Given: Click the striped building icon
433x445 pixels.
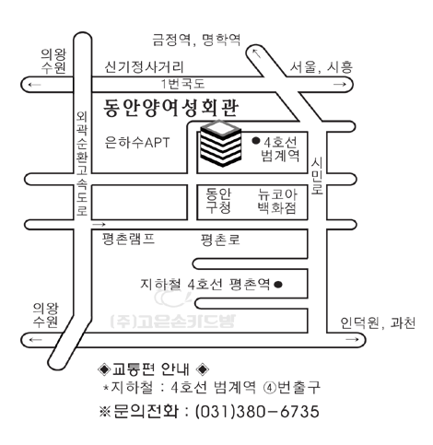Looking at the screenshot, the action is [x=220, y=144].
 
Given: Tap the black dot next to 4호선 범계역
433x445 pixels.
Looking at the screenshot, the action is [x=256, y=141].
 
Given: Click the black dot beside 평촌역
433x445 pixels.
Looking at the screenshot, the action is [x=278, y=285].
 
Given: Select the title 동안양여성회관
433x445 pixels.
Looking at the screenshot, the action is [x=170, y=108].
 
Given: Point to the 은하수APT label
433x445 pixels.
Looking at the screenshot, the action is [x=137, y=143].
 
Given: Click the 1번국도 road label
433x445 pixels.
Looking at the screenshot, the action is [x=183, y=84].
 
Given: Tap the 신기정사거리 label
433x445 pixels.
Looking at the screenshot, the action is [x=144, y=67].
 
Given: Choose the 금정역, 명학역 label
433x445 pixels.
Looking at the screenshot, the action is [x=196, y=40].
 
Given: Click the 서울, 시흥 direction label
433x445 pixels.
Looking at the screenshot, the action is [x=322, y=67].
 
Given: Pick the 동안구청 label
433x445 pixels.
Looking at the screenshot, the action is [x=218, y=201].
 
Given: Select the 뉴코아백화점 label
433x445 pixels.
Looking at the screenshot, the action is [x=277, y=201].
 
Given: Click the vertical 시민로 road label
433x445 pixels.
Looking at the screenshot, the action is [x=317, y=176].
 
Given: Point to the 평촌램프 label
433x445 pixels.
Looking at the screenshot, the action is [x=128, y=239].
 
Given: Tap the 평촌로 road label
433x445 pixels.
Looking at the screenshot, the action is [x=220, y=240].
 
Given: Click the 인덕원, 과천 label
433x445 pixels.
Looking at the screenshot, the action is [x=378, y=323].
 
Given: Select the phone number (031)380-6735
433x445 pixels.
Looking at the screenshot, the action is [x=257, y=412].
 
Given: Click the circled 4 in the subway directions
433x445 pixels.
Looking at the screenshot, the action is [x=270, y=388].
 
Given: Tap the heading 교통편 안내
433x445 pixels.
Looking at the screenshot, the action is [x=151, y=369].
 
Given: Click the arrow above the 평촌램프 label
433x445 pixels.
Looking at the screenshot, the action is [x=99, y=225].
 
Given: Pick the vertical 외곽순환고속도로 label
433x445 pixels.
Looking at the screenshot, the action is [x=82, y=164].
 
